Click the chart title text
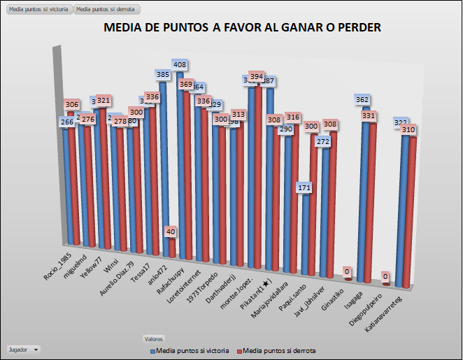242,28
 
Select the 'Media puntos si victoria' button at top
38,10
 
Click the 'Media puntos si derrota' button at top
107,10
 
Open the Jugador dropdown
23,348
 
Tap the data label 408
180,65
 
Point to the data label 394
257,77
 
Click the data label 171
304,188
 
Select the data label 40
171,231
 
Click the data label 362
362,100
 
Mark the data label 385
162,74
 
